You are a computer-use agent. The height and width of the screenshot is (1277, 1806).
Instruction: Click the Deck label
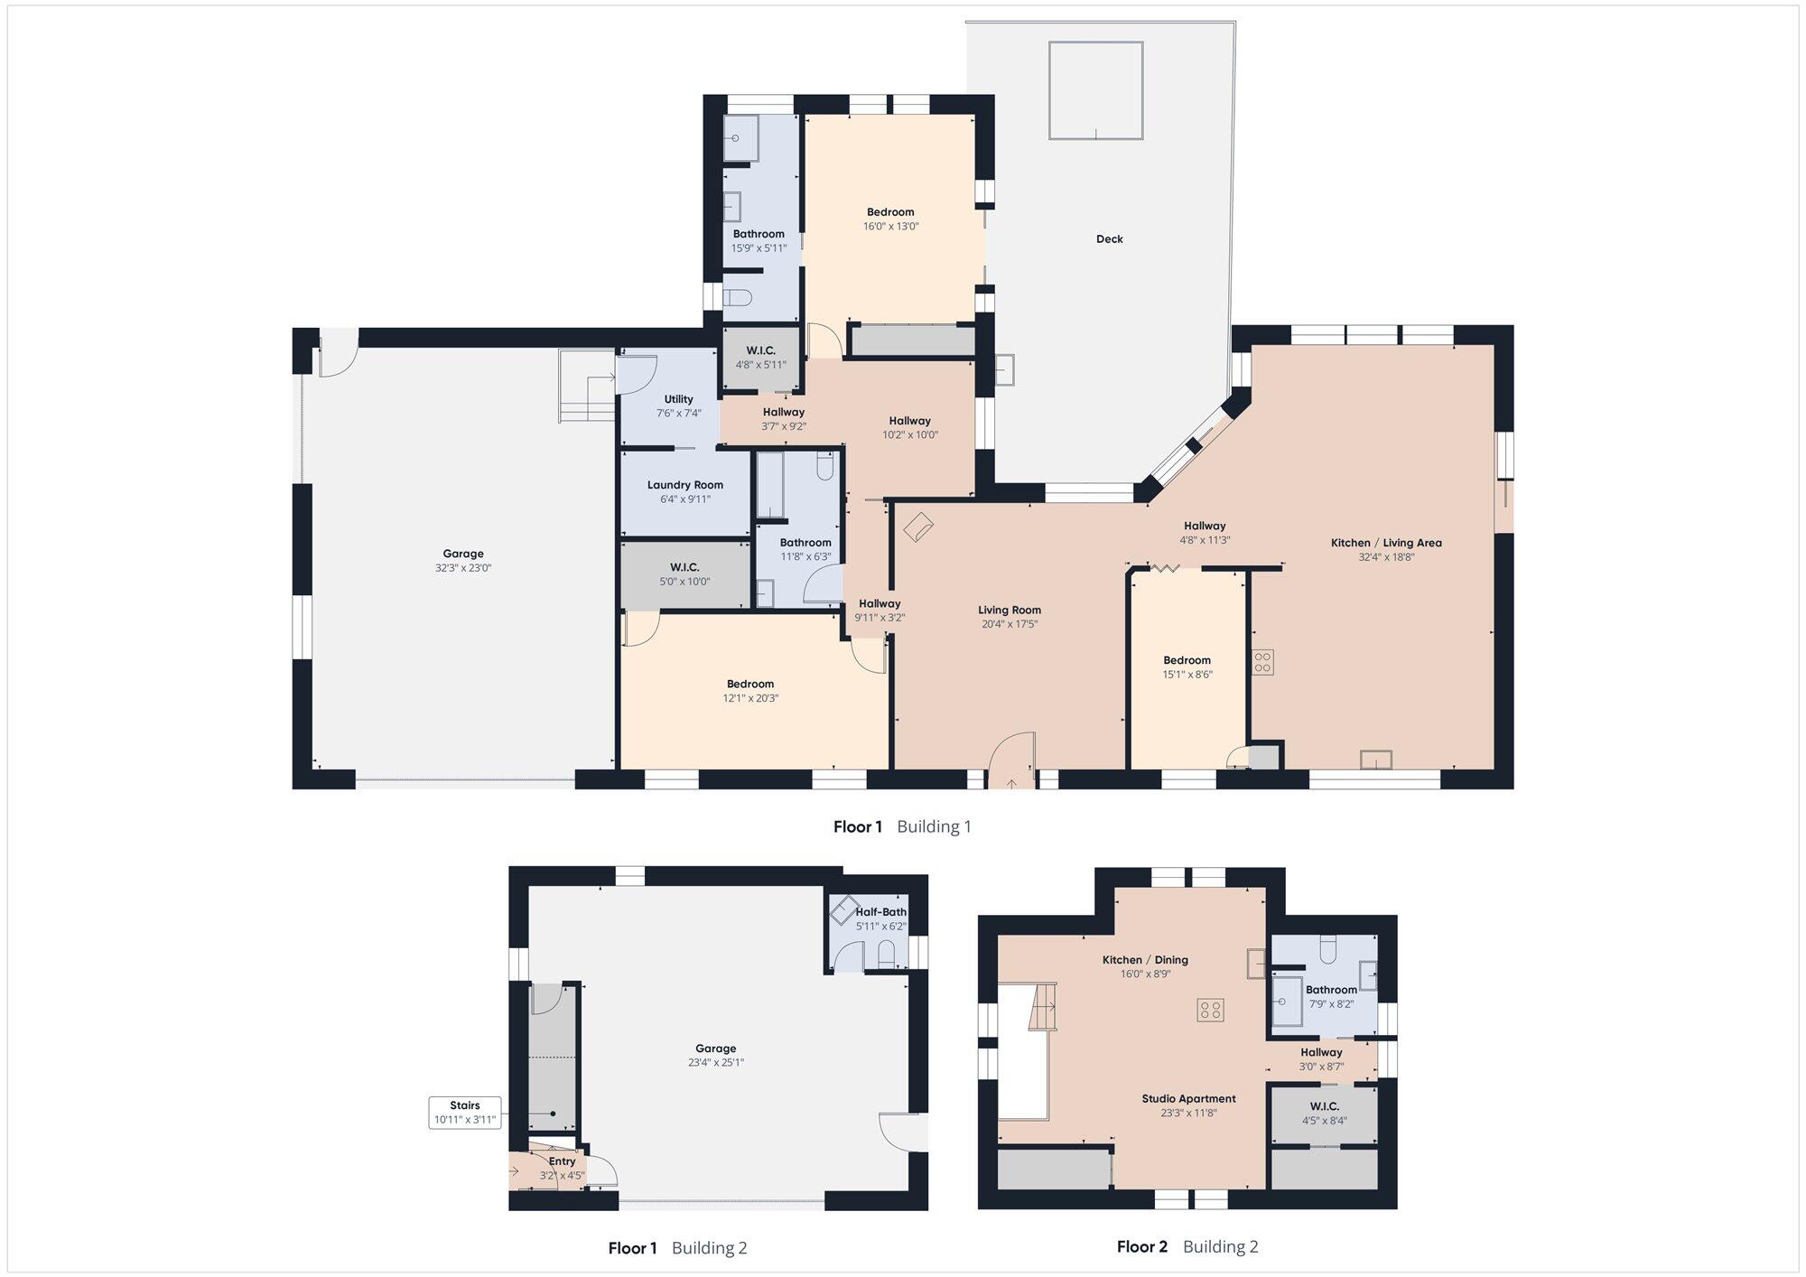pos(1109,239)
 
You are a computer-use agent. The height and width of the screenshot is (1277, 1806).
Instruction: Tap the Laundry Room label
pos(685,485)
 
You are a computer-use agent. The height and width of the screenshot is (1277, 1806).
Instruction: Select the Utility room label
pos(679,399)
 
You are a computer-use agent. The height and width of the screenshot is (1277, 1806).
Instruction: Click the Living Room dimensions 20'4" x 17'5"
pos(1010,624)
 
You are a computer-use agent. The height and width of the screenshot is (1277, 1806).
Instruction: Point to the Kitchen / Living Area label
pos(1386,543)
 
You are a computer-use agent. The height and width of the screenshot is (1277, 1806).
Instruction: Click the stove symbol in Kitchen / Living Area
pos(1262,662)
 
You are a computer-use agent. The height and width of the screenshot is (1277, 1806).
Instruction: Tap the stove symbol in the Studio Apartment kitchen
pos(1210,1010)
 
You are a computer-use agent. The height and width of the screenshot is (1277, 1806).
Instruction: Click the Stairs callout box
pos(465,1113)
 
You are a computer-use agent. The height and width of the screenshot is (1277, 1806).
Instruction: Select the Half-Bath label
pos(881,912)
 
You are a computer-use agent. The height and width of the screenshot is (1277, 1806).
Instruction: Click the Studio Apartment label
pos(1188,1099)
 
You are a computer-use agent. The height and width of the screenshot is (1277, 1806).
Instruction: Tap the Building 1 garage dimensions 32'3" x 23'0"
pos(463,568)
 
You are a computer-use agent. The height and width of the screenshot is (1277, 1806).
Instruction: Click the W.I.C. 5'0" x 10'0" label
pos(684,574)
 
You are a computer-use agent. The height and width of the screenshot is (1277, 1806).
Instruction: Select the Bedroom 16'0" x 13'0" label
pos(890,219)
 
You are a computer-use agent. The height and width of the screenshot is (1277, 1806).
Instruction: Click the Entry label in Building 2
pos(562,1161)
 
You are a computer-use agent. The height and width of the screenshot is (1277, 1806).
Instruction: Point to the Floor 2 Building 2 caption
pos(1187,1247)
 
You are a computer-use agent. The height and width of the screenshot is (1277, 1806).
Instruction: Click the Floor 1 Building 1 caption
pos(902,826)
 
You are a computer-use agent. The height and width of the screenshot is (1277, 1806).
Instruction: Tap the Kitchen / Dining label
pos(1145,960)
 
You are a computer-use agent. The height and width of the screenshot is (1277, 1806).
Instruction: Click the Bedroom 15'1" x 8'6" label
pos(1187,667)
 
